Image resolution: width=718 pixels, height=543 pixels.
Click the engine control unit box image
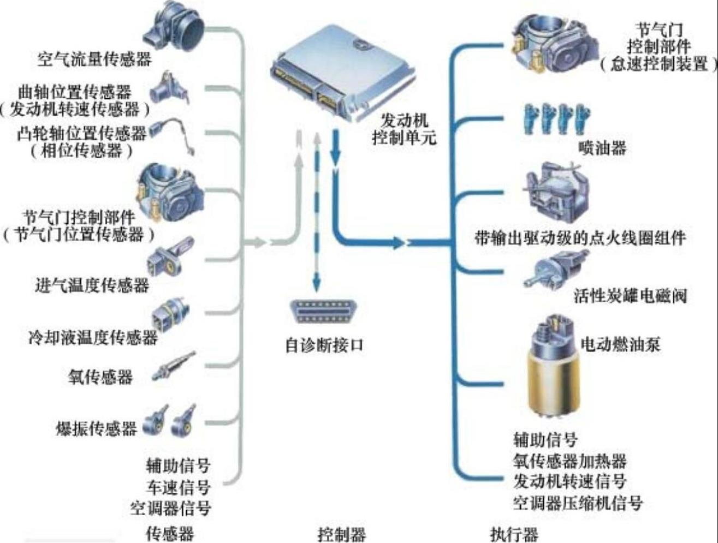(x=342, y=73)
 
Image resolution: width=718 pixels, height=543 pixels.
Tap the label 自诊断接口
(x=324, y=345)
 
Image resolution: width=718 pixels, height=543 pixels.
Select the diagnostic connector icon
(x=324, y=312)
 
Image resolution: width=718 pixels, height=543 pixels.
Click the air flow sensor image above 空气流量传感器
(x=174, y=27)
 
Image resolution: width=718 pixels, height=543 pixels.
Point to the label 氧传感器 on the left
(x=100, y=377)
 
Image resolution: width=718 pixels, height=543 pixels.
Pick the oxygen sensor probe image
(x=174, y=366)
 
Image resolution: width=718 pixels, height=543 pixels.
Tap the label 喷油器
(x=602, y=148)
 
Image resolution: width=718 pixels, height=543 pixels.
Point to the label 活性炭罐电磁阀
(x=630, y=296)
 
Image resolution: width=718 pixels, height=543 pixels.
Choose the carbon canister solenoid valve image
(x=556, y=268)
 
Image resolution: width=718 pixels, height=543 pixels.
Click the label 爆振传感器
(x=96, y=428)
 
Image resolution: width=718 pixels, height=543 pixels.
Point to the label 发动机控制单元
(x=404, y=129)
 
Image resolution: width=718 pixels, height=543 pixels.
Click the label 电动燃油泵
(x=620, y=344)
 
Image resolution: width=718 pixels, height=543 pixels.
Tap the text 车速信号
(x=178, y=487)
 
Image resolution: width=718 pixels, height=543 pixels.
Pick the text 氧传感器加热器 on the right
(x=569, y=461)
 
